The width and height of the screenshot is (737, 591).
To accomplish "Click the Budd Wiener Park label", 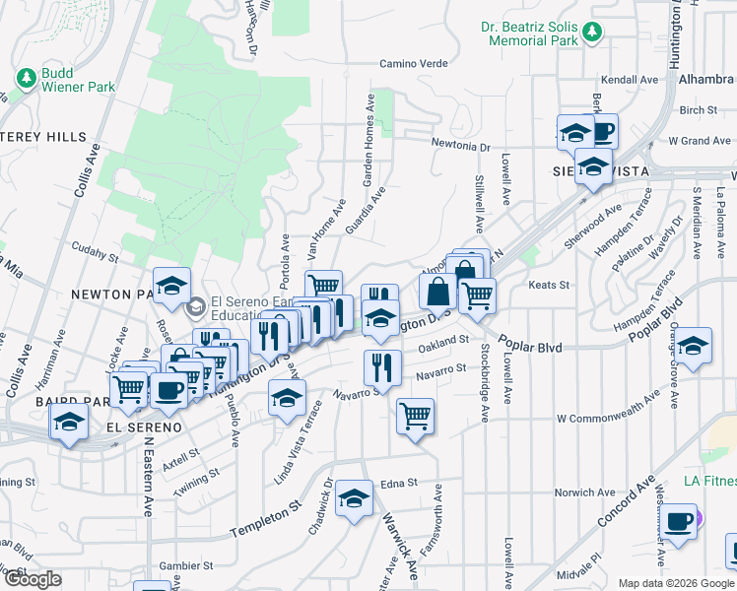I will click(x=77, y=80).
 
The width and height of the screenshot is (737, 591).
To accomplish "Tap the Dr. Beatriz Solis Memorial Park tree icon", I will click(x=592, y=33).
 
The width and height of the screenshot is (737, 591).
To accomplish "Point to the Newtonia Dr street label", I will click(x=460, y=146).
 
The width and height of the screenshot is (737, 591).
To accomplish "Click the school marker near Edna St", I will click(x=354, y=497).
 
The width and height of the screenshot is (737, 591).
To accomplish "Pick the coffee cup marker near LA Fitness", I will click(x=678, y=522).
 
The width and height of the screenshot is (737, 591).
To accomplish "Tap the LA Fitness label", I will click(x=709, y=482).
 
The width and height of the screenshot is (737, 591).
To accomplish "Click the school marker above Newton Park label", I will click(x=172, y=286).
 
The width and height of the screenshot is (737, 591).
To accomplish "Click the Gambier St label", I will click(x=187, y=566).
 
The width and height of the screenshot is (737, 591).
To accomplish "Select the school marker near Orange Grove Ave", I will click(x=694, y=345).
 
